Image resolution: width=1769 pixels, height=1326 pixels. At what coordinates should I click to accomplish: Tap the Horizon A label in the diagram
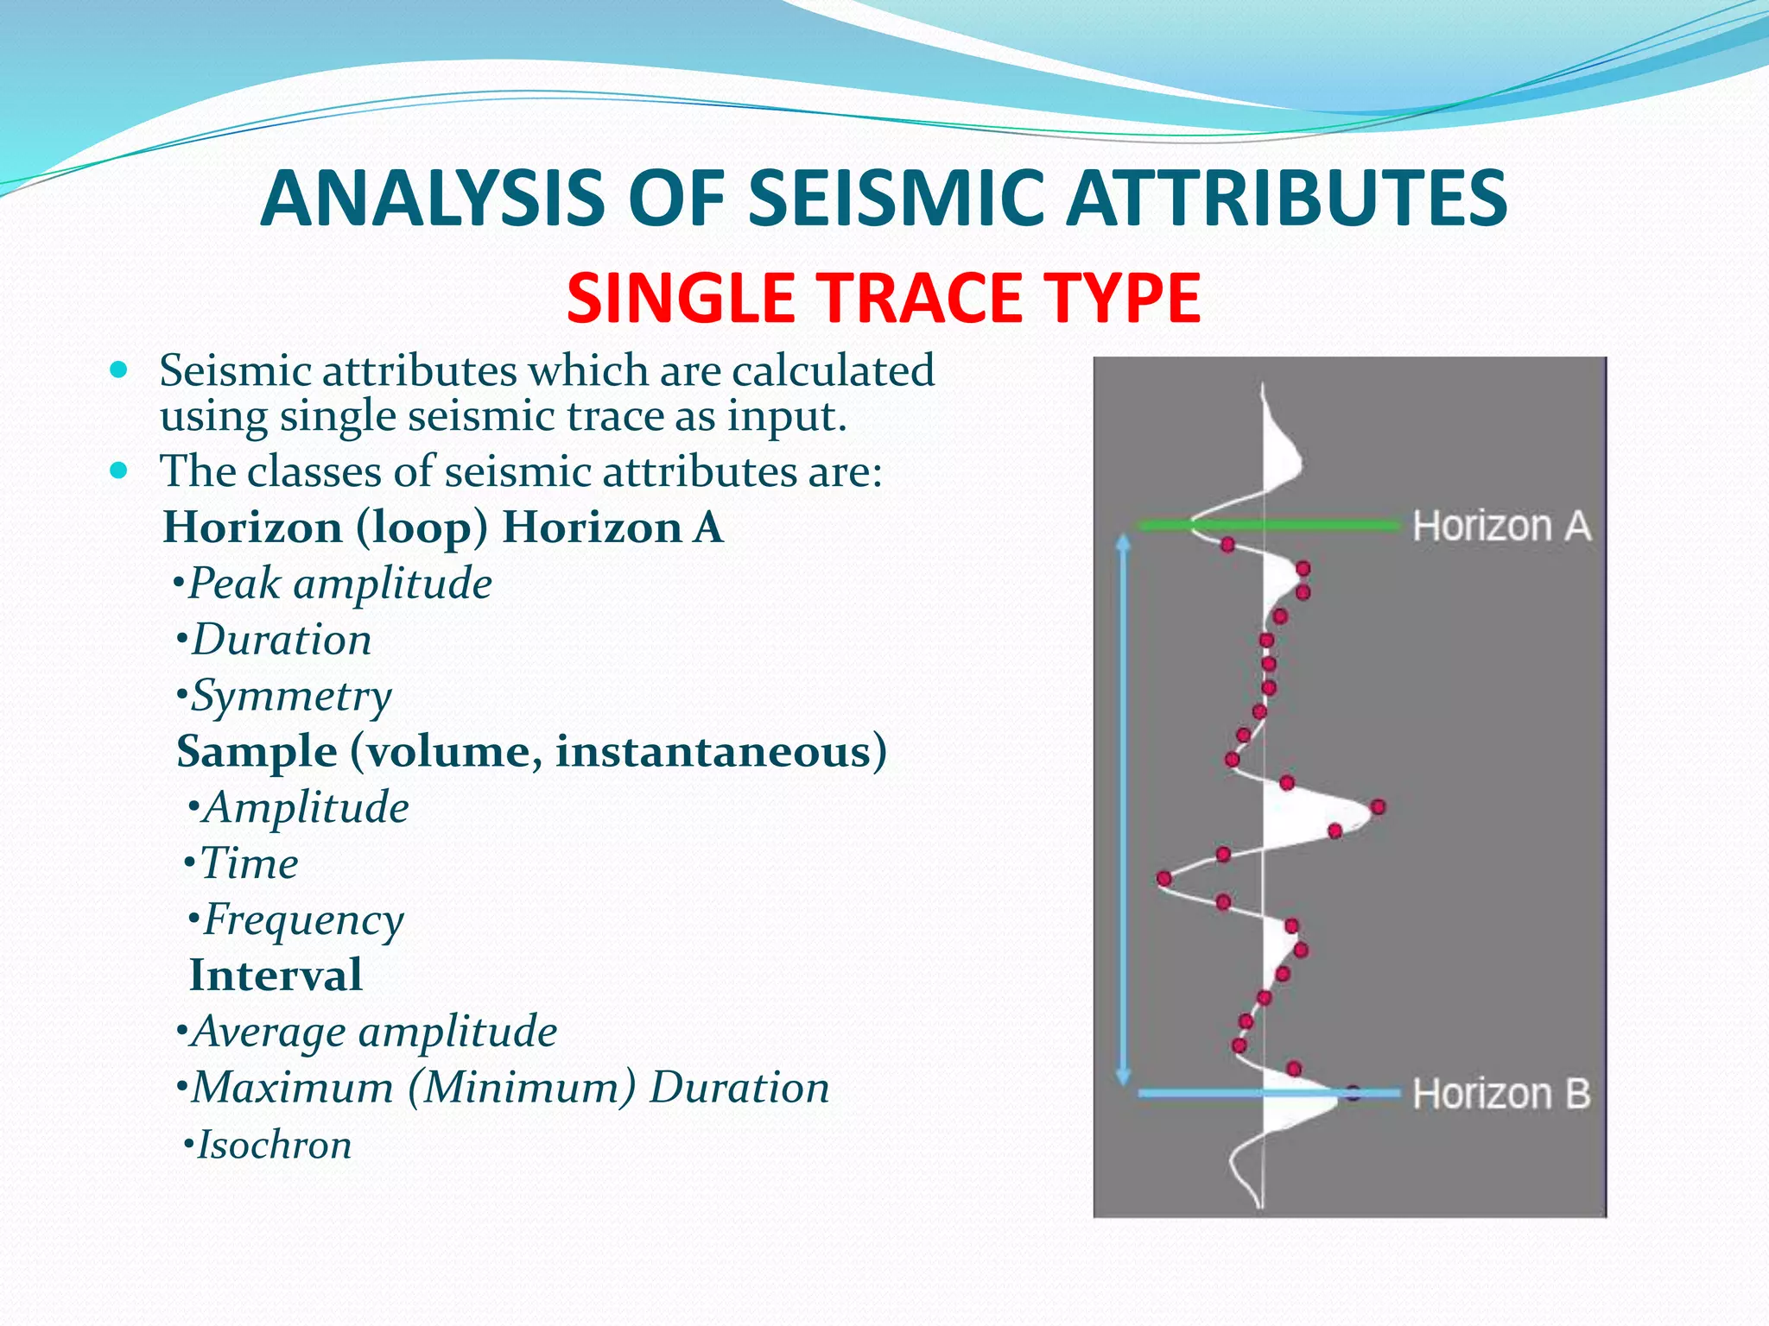[1501, 526]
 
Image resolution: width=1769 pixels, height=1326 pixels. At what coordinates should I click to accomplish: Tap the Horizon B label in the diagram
[1501, 1094]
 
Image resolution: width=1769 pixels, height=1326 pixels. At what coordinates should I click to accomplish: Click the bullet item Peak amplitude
[340, 584]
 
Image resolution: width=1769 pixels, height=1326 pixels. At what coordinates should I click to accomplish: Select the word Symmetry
[291, 696]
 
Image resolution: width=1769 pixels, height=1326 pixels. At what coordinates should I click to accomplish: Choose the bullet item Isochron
[274, 1146]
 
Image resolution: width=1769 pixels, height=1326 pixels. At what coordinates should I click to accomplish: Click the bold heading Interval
[276, 976]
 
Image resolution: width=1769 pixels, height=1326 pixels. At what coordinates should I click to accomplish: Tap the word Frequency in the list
[303, 919]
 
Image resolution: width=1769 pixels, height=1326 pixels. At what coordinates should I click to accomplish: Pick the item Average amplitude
[374, 1032]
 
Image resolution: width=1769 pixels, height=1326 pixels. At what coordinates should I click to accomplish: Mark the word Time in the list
[249, 863]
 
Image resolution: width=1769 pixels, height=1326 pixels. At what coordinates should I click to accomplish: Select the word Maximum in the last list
[292, 1088]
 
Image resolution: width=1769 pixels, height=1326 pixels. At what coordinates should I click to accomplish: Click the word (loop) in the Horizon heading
[422, 527]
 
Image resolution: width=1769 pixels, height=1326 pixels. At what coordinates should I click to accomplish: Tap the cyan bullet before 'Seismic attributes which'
[119, 371]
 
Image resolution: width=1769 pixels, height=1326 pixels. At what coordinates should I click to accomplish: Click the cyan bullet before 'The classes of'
[119, 471]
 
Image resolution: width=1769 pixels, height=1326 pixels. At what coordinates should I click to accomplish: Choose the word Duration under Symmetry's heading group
[282, 640]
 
